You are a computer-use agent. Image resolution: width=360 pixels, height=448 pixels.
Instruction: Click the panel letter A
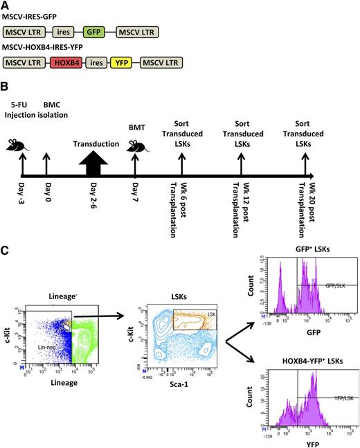click(6, 5)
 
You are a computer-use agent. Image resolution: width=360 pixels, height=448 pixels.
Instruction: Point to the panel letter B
click(6, 88)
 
